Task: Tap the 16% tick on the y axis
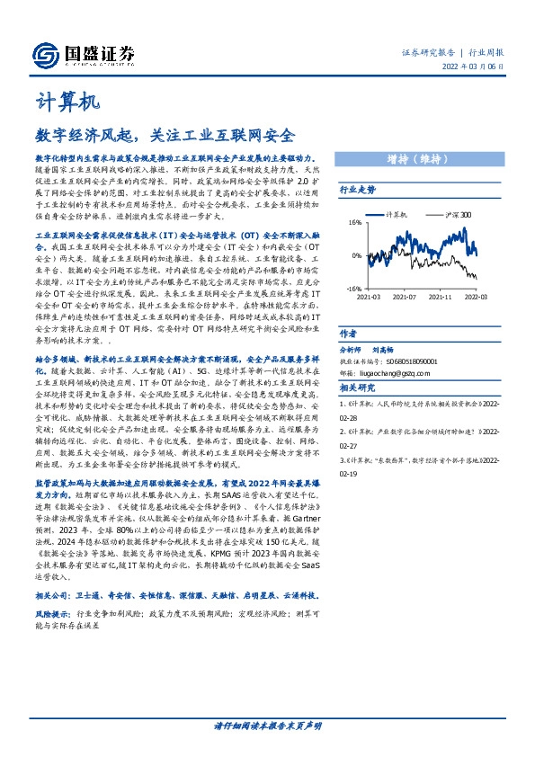tap(354, 221)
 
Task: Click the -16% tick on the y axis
tap(353, 289)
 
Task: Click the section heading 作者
tap(349, 332)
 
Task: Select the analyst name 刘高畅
tap(385, 349)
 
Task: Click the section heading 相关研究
tap(356, 387)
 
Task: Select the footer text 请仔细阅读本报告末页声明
tap(266, 724)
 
